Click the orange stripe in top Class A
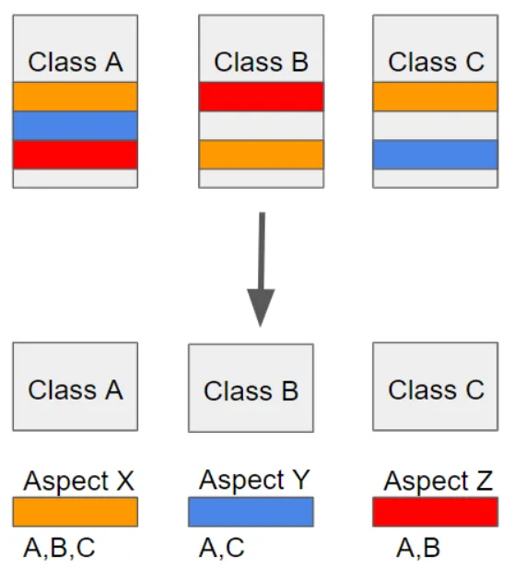76,97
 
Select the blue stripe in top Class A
76,126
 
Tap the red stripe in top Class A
76,155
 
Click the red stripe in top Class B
261,97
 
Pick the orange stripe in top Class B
261,155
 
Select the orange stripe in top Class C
435,97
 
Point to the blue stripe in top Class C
435,155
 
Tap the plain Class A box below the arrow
76,387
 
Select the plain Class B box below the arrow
251,388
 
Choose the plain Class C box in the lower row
435,387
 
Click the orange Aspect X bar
76,512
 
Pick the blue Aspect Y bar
251,512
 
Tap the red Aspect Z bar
435,512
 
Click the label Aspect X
79,482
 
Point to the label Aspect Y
254,480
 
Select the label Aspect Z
438,482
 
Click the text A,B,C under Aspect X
59,548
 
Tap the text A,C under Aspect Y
222,548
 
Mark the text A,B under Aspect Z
418,548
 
